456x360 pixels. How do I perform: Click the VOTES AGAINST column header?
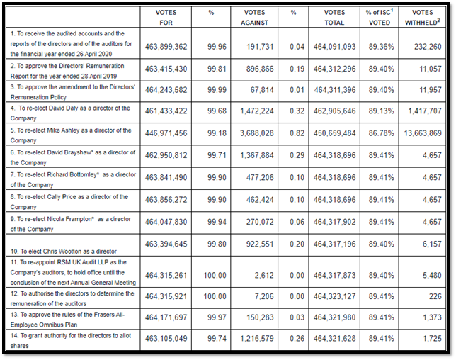tap(254, 18)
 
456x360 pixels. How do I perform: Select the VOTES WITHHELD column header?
tap(422, 17)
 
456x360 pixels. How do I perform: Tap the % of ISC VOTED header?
tap(380, 17)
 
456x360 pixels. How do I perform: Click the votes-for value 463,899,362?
tap(166, 47)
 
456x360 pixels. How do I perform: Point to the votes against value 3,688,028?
tap(257, 133)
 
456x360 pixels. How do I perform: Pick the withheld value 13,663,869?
tap(423, 133)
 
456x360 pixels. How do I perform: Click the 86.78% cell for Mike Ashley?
tap(382, 133)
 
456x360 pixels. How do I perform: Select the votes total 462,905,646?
tap(334, 111)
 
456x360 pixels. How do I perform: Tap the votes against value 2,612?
tap(264, 275)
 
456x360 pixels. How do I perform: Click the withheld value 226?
tap(435, 296)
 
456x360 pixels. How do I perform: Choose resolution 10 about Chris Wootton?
tap(64, 251)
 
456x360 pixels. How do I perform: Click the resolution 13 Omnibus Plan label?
tap(67, 320)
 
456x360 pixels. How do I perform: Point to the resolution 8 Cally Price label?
tap(69, 202)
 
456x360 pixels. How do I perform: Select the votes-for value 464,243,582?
tap(166, 90)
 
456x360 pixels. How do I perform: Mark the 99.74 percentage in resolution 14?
tap(217, 339)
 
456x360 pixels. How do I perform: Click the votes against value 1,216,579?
tap(257, 339)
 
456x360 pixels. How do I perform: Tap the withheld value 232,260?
tap(428, 47)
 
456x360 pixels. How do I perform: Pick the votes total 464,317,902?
tap(334, 222)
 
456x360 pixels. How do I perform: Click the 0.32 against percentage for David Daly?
tap(297, 111)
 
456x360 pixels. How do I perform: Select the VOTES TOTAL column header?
tap(334, 18)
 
